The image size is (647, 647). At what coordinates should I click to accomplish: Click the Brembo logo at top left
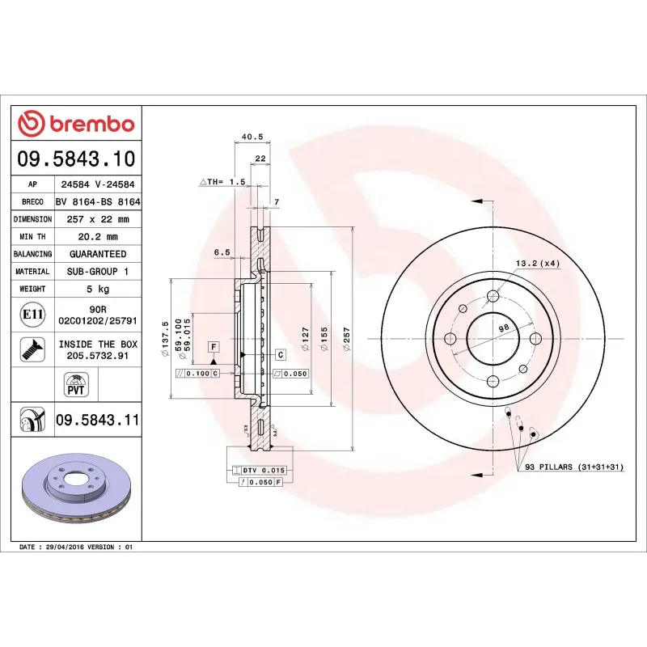point(76,125)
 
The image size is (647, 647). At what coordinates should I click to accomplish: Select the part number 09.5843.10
point(77,159)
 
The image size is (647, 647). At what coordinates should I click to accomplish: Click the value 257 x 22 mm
point(97,219)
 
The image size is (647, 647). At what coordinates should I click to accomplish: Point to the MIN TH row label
point(32,237)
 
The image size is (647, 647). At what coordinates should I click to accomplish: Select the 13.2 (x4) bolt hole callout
point(538,263)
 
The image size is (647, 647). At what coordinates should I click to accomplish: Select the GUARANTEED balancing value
point(97,254)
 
